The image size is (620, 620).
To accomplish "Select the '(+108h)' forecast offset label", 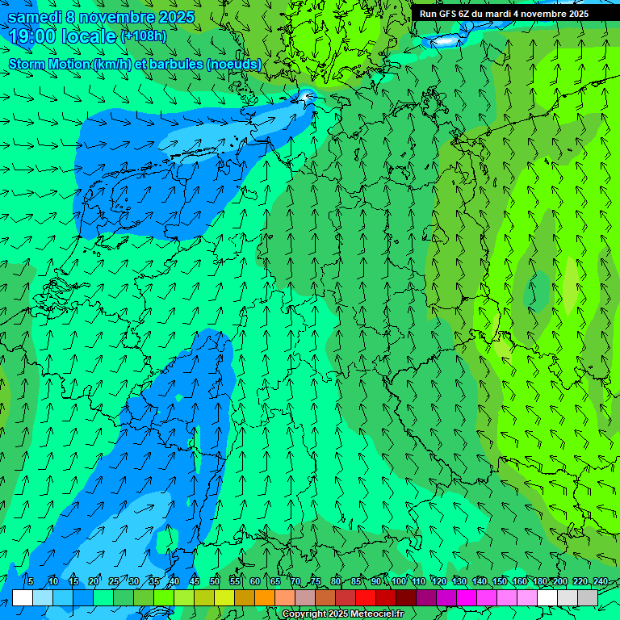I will [144, 36].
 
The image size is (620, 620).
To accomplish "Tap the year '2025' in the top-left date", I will [176, 17].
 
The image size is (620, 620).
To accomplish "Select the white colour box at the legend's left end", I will [23, 598].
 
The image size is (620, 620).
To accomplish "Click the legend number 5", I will [31, 582].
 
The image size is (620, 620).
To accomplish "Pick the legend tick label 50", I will [215, 582].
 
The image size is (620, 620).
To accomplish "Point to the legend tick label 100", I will [398, 582].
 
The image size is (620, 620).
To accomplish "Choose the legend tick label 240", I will [600, 582].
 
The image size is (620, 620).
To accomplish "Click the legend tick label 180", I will [539, 582].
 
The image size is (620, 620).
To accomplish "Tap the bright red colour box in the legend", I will [366, 598].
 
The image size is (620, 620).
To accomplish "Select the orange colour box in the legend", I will [265, 598].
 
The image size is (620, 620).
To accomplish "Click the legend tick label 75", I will [316, 582].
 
